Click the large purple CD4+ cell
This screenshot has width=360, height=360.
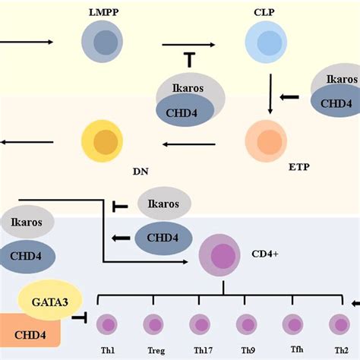coord(221,256)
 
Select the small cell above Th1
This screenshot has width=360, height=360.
coord(107,324)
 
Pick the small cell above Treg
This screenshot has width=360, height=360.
coord(153,324)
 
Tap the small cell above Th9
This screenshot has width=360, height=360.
coord(246,324)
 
